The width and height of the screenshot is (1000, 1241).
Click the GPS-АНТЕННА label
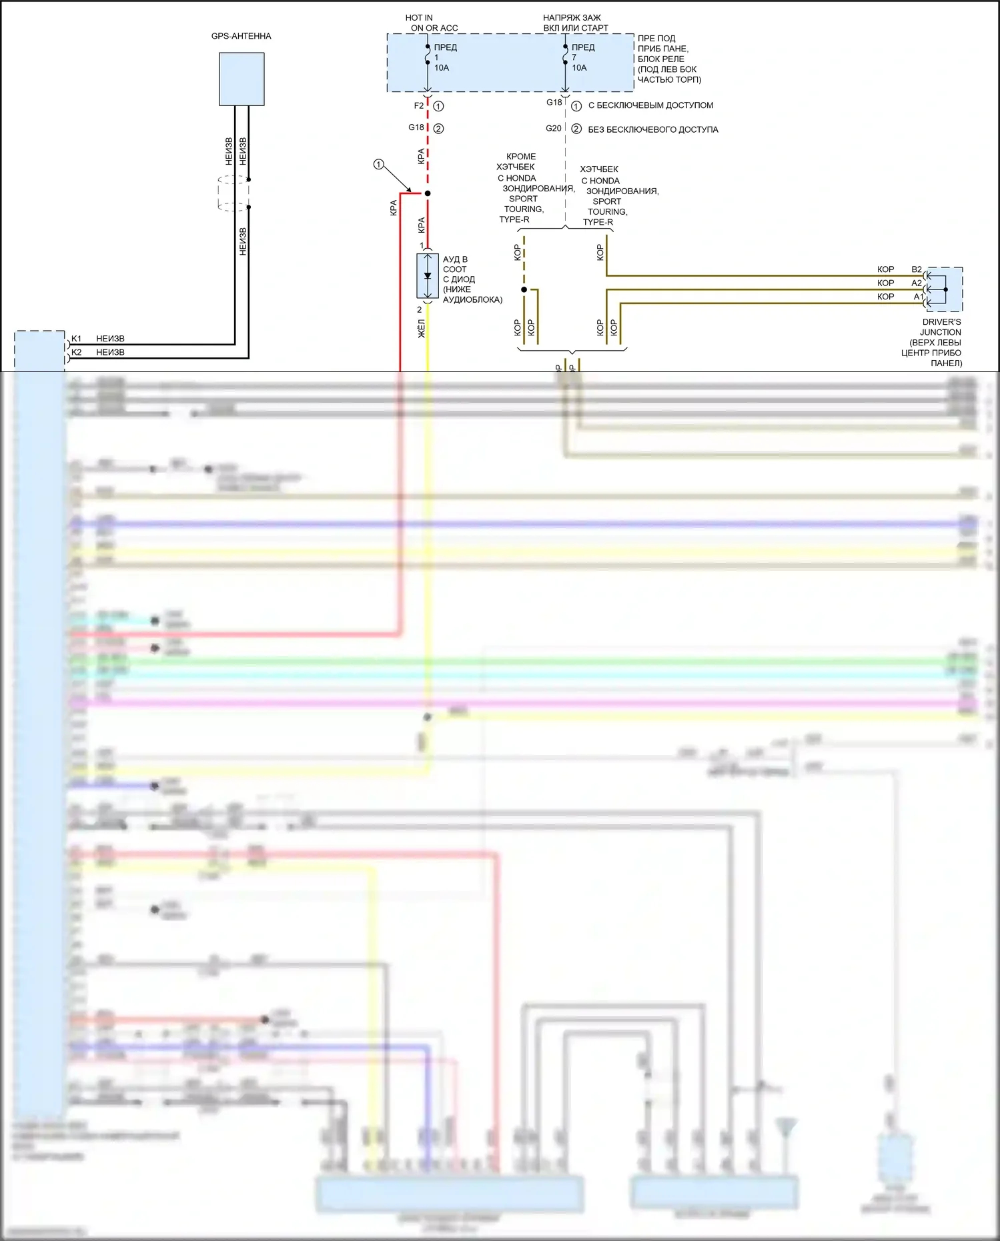pyautogui.click(x=241, y=36)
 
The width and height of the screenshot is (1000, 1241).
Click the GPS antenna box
pyautogui.click(x=241, y=79)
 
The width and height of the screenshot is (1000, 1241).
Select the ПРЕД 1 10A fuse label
pyautogui.click(x=445, y=57)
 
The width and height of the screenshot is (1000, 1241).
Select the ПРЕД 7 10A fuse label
pyautogui.click(x=582, y=57)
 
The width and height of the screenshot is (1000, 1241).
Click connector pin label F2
pyautogui.click(x=418, y=105)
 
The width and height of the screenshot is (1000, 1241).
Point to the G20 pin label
pyautogui.click(x=553, y=128)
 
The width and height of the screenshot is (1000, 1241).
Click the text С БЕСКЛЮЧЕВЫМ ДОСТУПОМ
pyautogui.click(x=650, y=105)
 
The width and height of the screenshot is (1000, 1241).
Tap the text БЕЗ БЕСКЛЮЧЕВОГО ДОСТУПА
pyautogui.click(x=652, y=129)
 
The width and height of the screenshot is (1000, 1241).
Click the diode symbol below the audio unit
pyautogui.click(x=428, y=275)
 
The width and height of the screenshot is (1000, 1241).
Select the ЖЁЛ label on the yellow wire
pyautogui.click(x=421, y=328)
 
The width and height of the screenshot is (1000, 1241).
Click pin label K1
pyautogui.click(x=76, y=339)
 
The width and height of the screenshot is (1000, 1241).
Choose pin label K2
pyautogui.click(x=76, y=352)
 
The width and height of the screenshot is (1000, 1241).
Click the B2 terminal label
pyautogui.click(x=917, y=269)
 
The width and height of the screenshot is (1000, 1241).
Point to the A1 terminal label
pyautogui.click(x=918, y=297)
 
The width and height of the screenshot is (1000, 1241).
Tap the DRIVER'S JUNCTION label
pyautogui.click(x=941, y=327)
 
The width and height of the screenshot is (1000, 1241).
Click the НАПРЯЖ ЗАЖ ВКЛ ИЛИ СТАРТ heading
pyautogui.click(x=575, y=23)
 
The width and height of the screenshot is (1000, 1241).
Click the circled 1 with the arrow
pyautogui.click(x=379, y=164)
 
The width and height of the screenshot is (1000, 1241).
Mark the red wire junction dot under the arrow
pyautogui.click(x=428, y=193)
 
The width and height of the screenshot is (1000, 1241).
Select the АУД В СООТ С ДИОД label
pyautogui.click(x=472, y=279)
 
